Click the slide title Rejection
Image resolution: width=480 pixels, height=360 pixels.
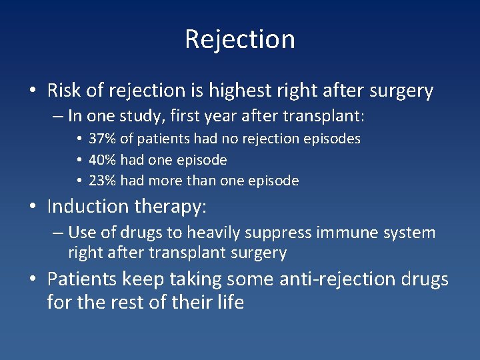click(240, 39)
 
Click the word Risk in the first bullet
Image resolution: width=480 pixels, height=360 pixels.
click(63, 90)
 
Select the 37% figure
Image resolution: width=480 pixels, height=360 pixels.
click(101, 139)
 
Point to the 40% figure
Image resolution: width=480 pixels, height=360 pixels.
click(101, 160)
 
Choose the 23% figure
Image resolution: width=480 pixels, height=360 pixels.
click(101, 181)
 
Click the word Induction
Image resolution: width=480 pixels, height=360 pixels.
click(88, 207)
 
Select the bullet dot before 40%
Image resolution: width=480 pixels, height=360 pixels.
click(79, 160)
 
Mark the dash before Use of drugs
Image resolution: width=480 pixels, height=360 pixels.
click(59, 233)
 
